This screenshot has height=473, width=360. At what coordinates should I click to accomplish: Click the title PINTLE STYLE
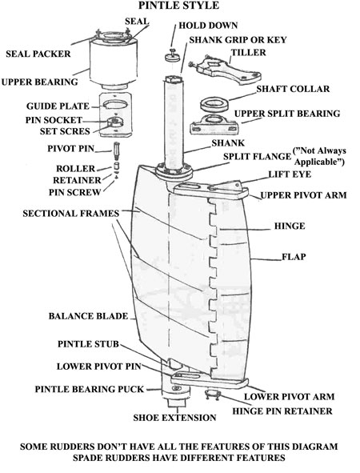178,6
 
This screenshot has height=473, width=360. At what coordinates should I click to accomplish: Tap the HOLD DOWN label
208,26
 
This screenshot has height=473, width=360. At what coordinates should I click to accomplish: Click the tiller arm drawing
225,70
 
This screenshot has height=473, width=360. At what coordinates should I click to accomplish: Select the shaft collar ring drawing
214,104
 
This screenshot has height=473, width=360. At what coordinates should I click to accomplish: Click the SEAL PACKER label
38,54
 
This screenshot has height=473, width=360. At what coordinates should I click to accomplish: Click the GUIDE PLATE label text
58,106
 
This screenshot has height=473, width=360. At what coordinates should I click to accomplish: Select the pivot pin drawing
117,152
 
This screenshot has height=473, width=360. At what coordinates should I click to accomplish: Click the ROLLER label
76,168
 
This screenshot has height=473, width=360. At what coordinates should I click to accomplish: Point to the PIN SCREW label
74,192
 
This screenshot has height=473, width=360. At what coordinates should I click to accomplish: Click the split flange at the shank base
174,172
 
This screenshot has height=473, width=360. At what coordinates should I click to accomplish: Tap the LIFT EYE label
290,174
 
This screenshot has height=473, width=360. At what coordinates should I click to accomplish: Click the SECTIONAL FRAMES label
71,213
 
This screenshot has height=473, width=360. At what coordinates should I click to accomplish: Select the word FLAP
294,257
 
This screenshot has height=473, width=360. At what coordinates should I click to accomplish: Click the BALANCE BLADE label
88,316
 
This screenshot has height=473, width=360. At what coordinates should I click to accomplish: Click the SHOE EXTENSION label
175,418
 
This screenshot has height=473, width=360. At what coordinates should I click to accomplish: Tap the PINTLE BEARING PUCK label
90,389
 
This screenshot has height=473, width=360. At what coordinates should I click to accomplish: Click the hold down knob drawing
173,55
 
